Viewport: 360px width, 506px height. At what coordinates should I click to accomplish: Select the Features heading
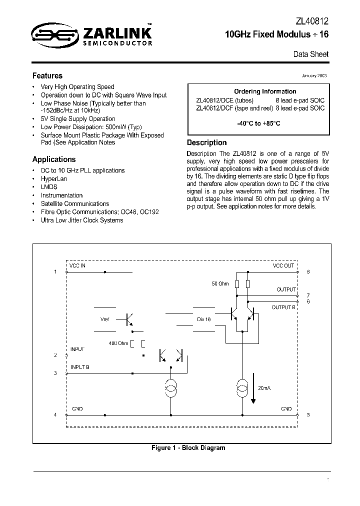[47, 76]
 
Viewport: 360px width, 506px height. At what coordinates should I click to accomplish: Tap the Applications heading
[54, 159]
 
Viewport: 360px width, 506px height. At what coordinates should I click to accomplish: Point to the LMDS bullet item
[49, 187]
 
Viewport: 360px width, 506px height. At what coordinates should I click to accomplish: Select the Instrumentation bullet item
[61, 195]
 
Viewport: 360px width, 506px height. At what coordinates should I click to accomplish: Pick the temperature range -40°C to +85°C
[258, 123]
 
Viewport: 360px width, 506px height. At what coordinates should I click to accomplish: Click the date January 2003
[314, 76]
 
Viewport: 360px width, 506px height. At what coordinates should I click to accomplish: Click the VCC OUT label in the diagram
[283, 265]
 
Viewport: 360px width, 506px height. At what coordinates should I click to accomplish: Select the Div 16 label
[203, 319]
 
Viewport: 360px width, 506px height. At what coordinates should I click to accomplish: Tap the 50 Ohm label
[220, 284]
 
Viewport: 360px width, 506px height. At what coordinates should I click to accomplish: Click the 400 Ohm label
[118, 343]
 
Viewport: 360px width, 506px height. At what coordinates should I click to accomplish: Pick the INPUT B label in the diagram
[80, 367]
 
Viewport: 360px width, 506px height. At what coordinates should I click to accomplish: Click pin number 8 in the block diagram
[308, 271]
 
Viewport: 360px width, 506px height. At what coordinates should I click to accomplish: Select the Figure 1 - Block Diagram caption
[188, 448]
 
